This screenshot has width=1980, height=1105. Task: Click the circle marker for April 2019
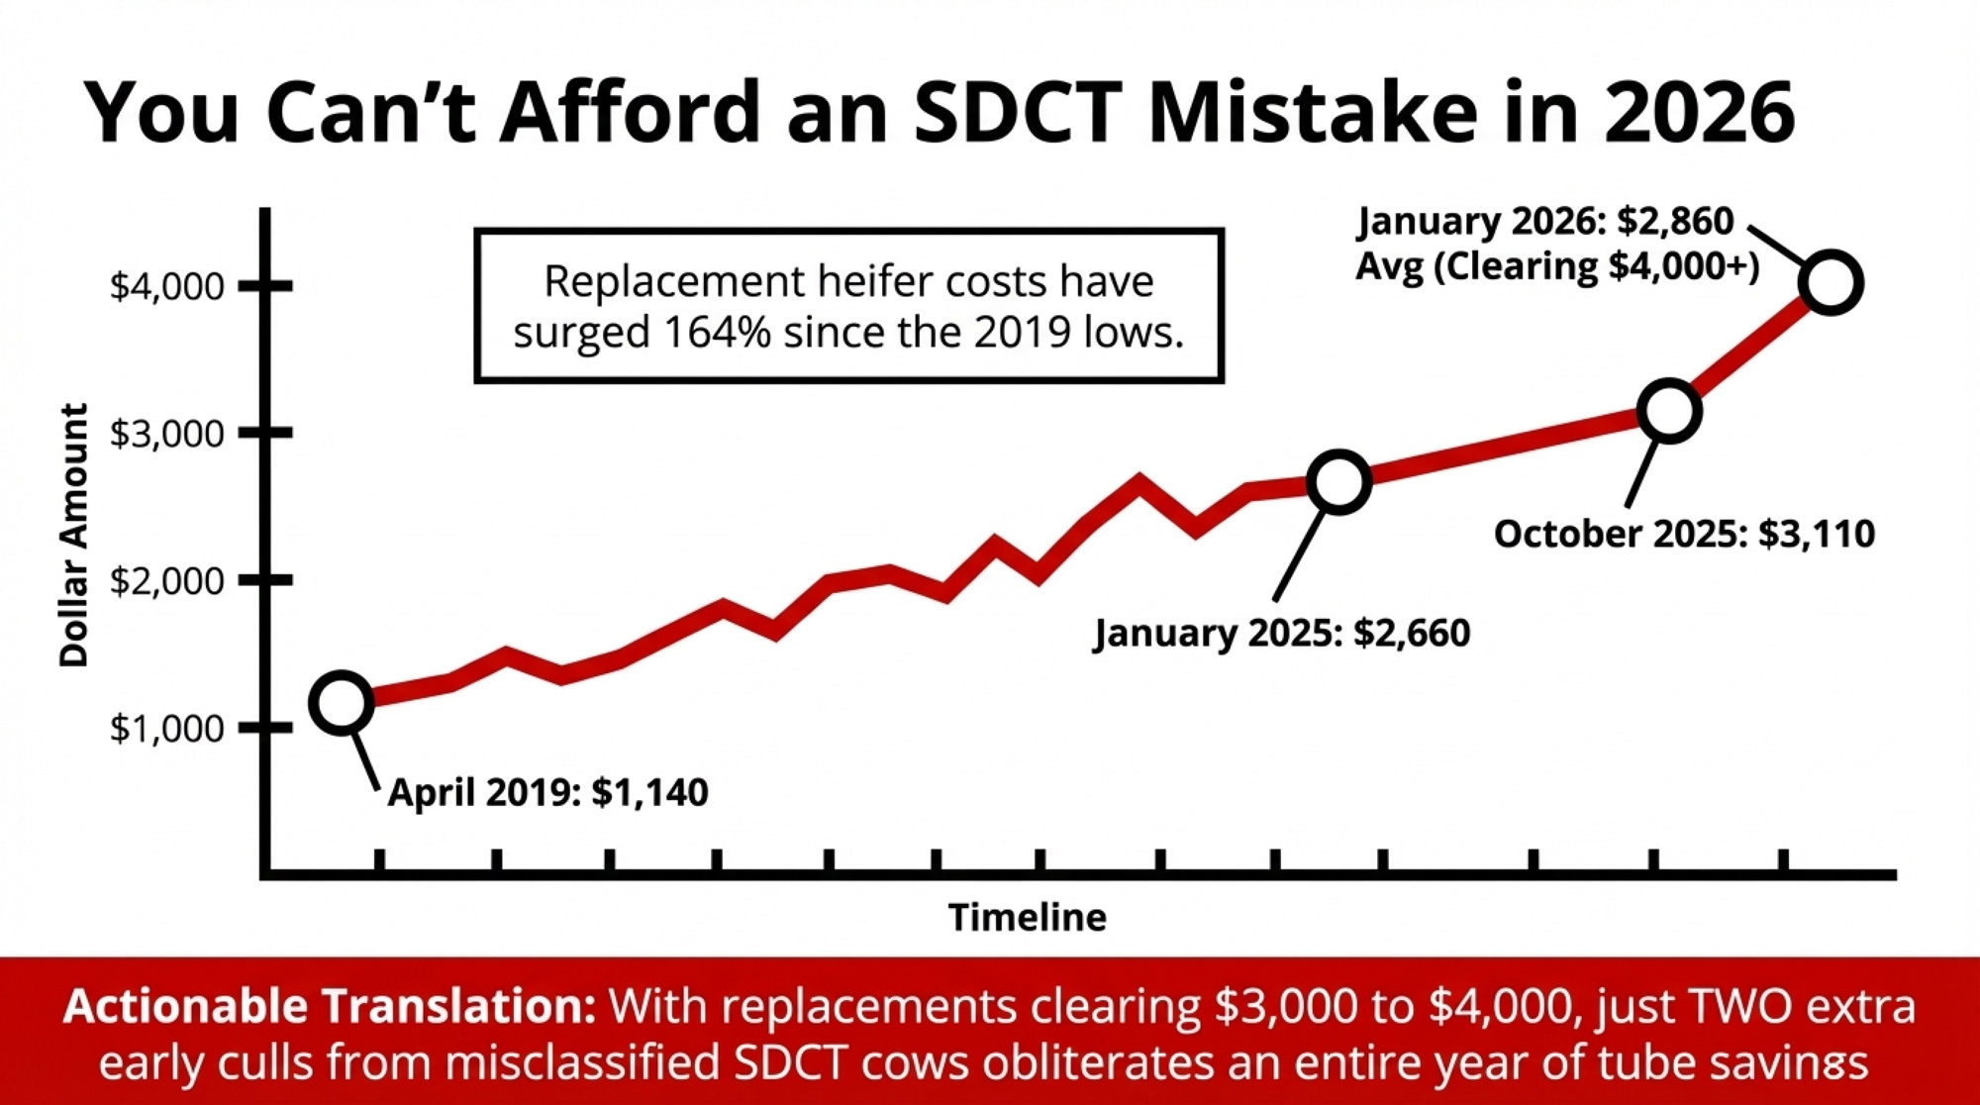click(x=342, y=703)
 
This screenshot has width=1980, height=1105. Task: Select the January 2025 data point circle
click(x=1338, y=482)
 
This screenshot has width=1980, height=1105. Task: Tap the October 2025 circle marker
click(x=1669, y=411)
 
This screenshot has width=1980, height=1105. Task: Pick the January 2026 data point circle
click(x=1831, y=283)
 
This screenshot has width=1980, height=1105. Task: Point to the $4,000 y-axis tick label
click(x=166, y=286)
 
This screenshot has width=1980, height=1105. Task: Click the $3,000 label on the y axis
click(x=166, y=434)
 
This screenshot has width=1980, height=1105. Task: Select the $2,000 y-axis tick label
click(x=166, y=580)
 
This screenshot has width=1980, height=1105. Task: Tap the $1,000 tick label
click(x=166, y=729)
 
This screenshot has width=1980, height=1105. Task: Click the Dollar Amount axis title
click(x=74, y=535)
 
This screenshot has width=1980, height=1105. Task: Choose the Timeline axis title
click(x=1027, y=918)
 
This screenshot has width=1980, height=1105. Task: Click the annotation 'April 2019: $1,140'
click(x=547, y=792)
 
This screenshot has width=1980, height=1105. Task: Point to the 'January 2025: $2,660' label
click(x=1282, y=633)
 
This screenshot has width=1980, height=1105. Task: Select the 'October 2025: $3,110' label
click(x=1684, y=534)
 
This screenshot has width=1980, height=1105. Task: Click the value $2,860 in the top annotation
click(x=1675, y=221)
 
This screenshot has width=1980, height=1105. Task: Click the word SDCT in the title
click(x=1018, y=112)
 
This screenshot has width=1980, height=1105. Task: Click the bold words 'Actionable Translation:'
click(x=330, y=1007)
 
